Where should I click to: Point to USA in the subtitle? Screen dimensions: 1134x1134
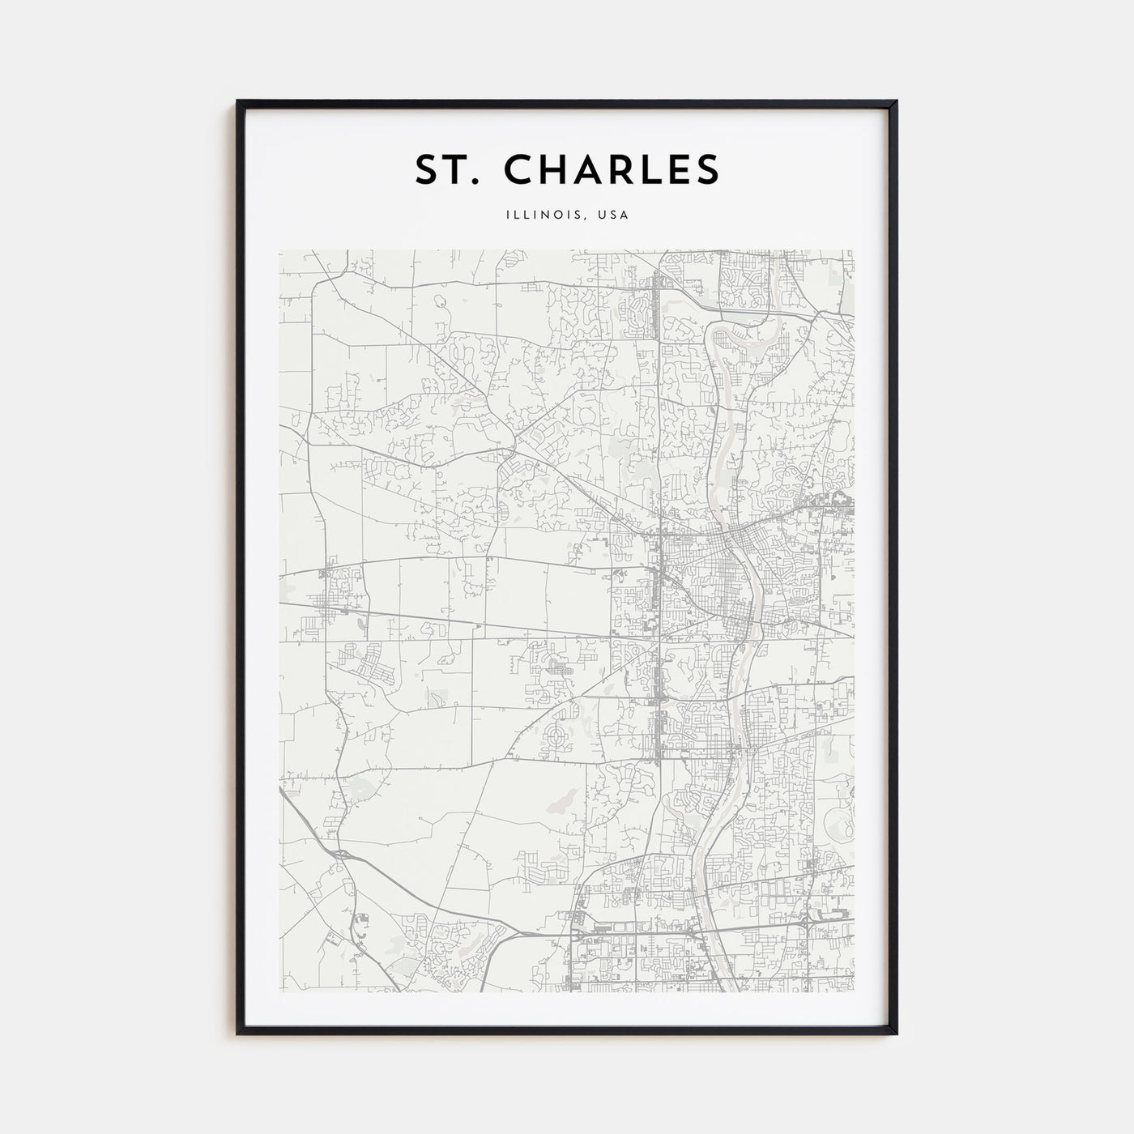pos(614,215)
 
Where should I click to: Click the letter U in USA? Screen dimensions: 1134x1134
pos(603,215)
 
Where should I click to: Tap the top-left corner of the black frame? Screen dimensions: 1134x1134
pos(238,101)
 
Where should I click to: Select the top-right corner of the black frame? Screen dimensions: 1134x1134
pos(896,101)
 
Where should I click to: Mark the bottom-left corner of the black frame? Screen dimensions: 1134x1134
pos(238,1034)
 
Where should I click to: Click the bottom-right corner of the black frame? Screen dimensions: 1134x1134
pos(896,1034)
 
